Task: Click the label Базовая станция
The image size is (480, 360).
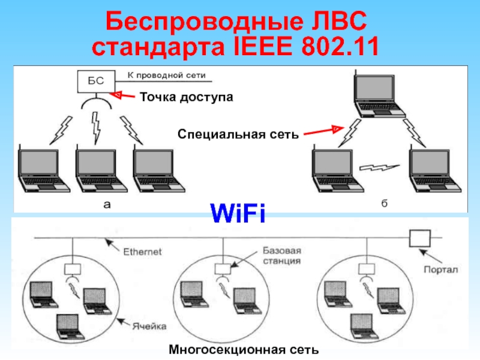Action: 281,255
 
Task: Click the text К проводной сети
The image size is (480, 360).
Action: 166,76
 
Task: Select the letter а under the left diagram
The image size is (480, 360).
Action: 107,205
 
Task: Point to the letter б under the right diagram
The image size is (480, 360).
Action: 384,205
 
